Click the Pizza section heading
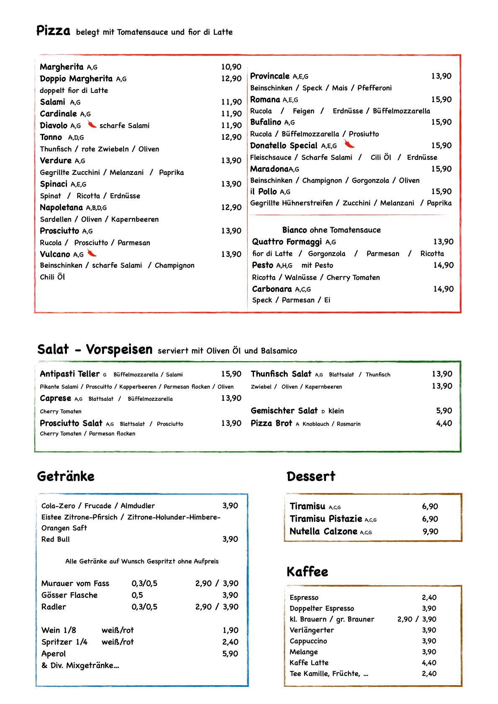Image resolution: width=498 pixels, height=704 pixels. point(53,31)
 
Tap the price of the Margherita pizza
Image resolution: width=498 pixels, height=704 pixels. point(231,67)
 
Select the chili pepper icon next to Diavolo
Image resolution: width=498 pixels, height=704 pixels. point(92,125)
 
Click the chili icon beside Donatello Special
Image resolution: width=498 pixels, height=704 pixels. point(349,144)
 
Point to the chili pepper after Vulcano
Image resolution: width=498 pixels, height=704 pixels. point(92,253)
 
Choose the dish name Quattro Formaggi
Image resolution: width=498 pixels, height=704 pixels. point(287,242)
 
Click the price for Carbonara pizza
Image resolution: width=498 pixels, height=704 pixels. point(443,289)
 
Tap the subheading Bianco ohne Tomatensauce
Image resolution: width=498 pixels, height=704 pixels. point(331,230)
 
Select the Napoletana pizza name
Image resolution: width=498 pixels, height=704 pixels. point(61,207)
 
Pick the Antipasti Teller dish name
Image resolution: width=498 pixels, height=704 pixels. point(69,374)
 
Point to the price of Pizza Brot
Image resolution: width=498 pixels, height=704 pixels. point(444,423)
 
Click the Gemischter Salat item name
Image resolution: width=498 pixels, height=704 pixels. point(284,411)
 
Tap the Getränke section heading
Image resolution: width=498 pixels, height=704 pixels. point(66,476)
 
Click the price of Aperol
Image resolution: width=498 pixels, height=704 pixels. point(230,654)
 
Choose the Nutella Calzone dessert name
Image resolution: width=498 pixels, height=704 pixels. point(323,532)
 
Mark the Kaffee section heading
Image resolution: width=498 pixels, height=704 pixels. point(307,572)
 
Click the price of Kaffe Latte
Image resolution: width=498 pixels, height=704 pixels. point(429,663)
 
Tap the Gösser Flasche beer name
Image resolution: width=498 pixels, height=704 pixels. point(69,595)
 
